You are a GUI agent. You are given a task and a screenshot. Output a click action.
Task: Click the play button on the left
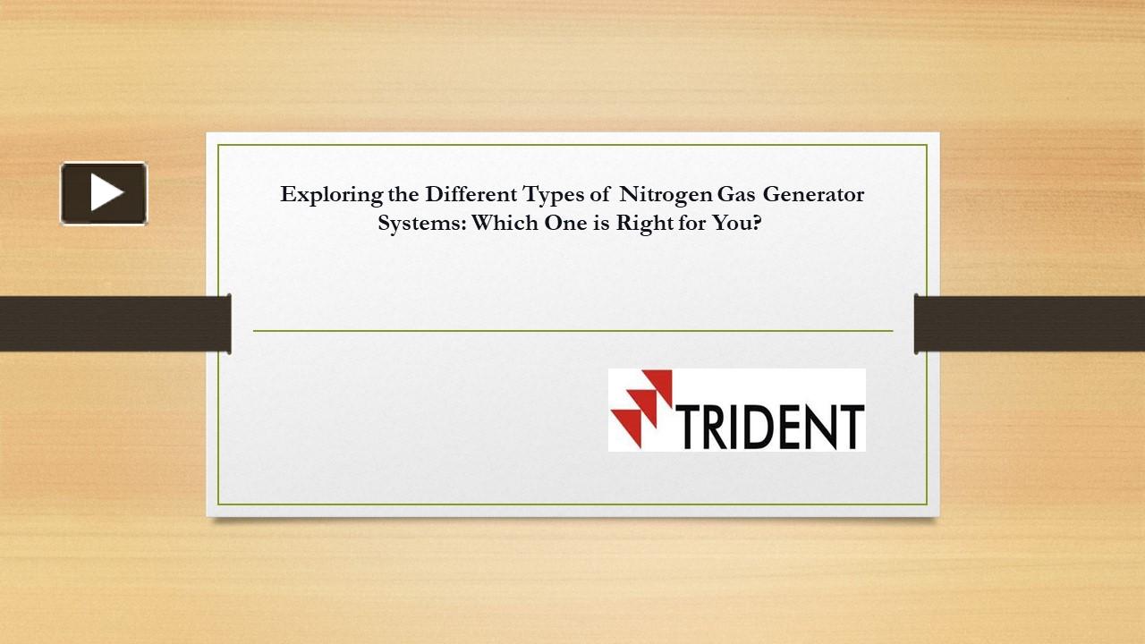104,193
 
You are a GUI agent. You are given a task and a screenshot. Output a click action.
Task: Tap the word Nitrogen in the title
666,194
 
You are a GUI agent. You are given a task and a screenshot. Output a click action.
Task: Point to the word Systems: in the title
421,224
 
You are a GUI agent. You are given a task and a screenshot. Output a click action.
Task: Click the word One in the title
565,224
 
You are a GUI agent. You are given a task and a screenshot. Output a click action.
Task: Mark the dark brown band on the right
1030,323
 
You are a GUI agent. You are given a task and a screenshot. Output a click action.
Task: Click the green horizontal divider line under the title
572,331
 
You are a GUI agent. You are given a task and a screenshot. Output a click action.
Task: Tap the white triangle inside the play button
106,193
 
